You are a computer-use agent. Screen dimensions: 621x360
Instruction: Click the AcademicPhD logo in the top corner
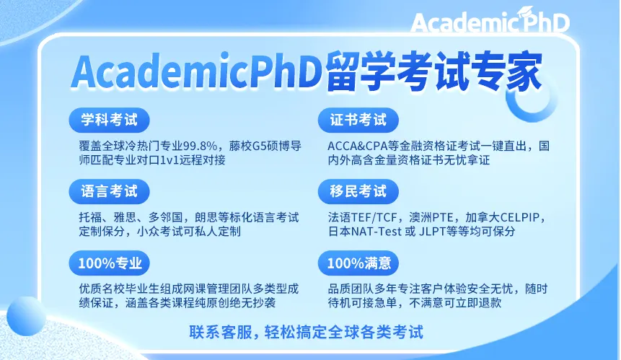[x=490, y=21]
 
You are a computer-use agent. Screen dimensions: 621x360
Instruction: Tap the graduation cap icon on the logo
[x=527, y=12]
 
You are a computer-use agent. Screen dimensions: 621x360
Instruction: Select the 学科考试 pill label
[x=110, y=120]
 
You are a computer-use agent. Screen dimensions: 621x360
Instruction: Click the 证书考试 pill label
[x=358, y=120]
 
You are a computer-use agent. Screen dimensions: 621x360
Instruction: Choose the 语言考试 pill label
[x=110, y=192]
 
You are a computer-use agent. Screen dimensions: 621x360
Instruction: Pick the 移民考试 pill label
[x=358, y=192]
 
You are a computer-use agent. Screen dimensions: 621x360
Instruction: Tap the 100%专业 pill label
[x=110, y=263]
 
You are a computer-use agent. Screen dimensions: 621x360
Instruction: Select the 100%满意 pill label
[x=358, y=263]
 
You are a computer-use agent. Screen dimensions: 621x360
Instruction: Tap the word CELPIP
[x=520, y=217]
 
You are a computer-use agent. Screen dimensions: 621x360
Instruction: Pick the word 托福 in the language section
[x=90, y=217]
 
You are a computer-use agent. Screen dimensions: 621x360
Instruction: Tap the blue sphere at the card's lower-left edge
[x=26, y=316]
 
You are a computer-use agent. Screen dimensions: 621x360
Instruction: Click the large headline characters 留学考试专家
[x=433, y=71]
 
